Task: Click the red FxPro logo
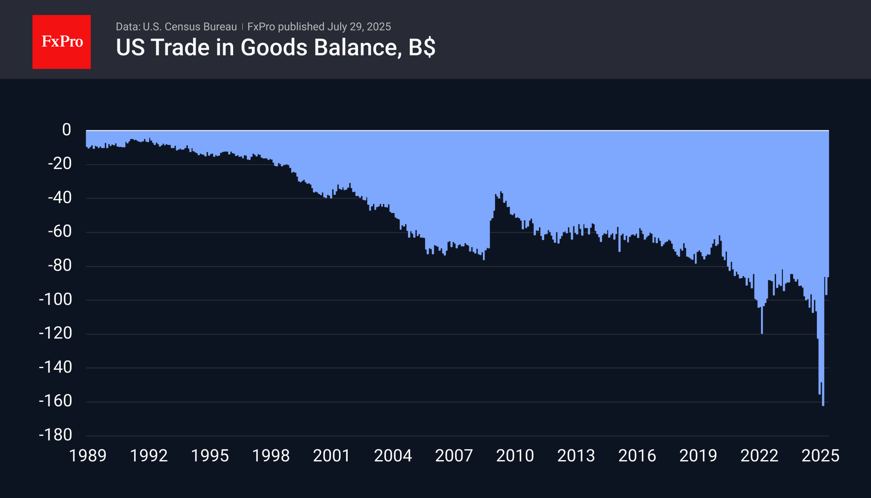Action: point(62,42)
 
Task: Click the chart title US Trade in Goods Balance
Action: point(258,47)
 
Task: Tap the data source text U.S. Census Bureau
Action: point(189,27)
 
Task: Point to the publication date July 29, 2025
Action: point(359,27)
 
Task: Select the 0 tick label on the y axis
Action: point(67,130)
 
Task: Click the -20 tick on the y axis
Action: point(60,164)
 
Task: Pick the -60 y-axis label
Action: point(60,232)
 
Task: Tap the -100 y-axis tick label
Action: point(56,299)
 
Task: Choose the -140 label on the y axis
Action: point(56,367)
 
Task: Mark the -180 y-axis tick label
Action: point(56,435)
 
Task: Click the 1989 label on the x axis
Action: point(88,456)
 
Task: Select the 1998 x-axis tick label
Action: point(271,456)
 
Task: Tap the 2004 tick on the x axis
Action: point(393,456)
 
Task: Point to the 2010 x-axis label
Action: point(515,456)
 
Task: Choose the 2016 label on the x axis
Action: point(637,456)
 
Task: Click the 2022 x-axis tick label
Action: point(759,456)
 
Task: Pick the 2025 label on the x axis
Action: point(820,456)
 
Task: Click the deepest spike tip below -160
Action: point(823,405)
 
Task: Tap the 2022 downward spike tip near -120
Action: point(762,333)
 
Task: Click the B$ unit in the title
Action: point(422,47)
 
